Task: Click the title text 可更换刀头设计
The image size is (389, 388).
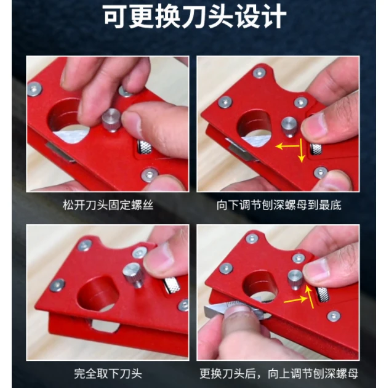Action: tap(194, 18)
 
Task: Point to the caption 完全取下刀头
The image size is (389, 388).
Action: tap(107, 373)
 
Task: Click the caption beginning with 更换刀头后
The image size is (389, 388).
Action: tap(278, 373)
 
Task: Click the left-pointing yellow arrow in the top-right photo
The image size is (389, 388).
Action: tap(284, 147)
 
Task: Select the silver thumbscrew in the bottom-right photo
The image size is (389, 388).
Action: tap(295, 279)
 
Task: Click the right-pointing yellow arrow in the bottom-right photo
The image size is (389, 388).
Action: tap(294, 301)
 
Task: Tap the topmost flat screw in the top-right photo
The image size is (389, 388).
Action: tap(260, 73)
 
